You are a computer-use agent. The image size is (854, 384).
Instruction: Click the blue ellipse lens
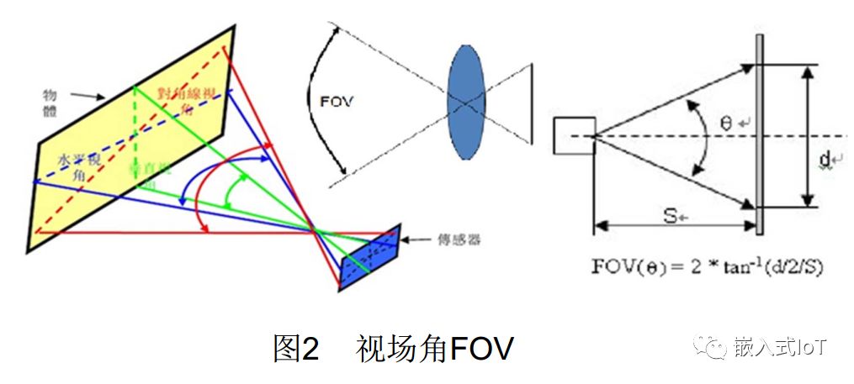click(466, 103)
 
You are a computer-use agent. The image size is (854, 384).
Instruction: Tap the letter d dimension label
click(825, 159)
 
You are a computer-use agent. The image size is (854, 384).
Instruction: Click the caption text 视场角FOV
click(434, 348)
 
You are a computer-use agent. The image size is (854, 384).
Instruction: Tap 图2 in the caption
click(296, 348)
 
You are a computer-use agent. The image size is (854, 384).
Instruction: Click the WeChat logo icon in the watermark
click(715, 347)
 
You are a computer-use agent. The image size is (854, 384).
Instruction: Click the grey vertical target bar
click(760, 134)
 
